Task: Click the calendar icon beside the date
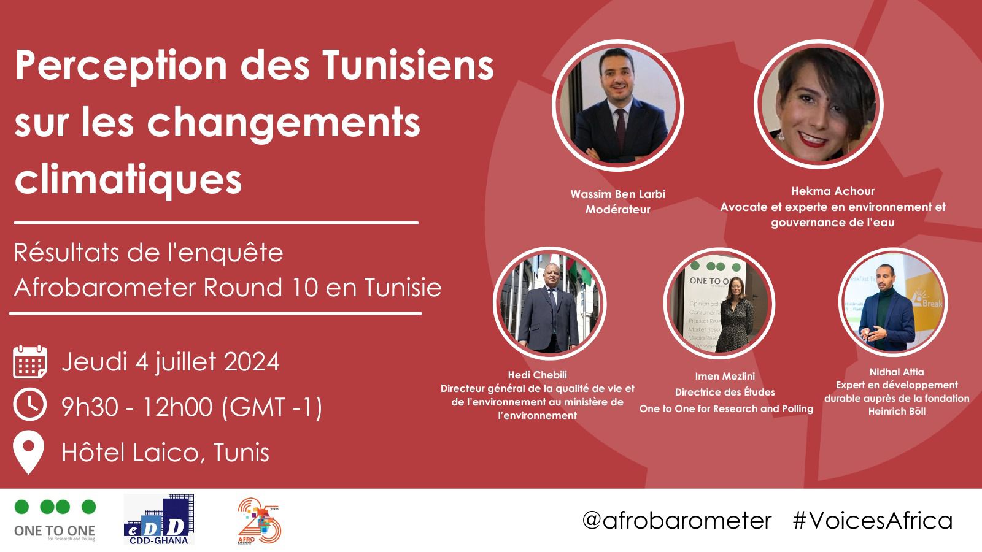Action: coord(30,362)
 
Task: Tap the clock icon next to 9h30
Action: coord(30,405)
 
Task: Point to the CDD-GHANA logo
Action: coord(159,519)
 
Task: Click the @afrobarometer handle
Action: coord(676,521)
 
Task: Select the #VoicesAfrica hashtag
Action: coord(873,521)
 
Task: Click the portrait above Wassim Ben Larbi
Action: coord(617,106)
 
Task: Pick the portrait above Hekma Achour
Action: coord(819,106)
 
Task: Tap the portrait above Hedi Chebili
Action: coord(549,304)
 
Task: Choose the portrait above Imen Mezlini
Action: coord(719,304)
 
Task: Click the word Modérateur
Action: coord(617,210)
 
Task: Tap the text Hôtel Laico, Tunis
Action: coord(165,453)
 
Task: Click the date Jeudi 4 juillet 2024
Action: coord(170,362)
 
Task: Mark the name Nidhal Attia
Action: coord(897,372)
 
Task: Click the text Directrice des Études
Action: coord(725,393)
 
